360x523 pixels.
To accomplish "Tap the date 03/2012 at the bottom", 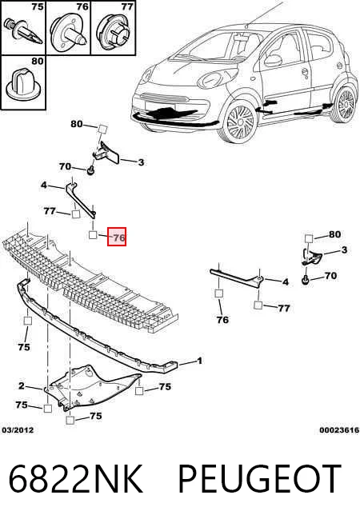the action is (18, 430).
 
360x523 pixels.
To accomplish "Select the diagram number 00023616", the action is (339, 430).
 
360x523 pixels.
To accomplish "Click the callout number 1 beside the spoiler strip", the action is (199, 361).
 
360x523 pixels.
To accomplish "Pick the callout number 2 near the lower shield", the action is (22, 386).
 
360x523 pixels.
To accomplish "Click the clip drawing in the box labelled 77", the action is (113, 33).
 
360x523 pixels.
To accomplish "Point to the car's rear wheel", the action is (344, 103).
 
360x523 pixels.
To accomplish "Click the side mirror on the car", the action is (273, 60).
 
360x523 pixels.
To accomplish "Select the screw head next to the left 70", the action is (90, 171).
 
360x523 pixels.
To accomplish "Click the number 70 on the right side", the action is (330, 276).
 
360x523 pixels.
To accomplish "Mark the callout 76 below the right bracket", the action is (222, 320).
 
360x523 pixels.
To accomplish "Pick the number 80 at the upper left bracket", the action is (77, 124).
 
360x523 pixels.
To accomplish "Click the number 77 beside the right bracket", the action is (283, 308).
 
